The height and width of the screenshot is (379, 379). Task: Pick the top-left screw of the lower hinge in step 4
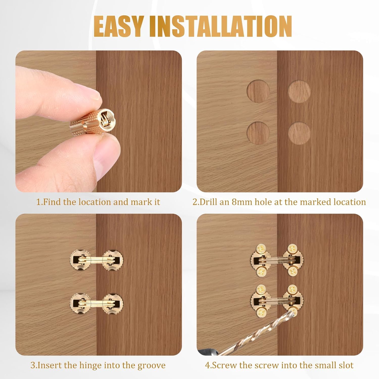click(x=260, y=289)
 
